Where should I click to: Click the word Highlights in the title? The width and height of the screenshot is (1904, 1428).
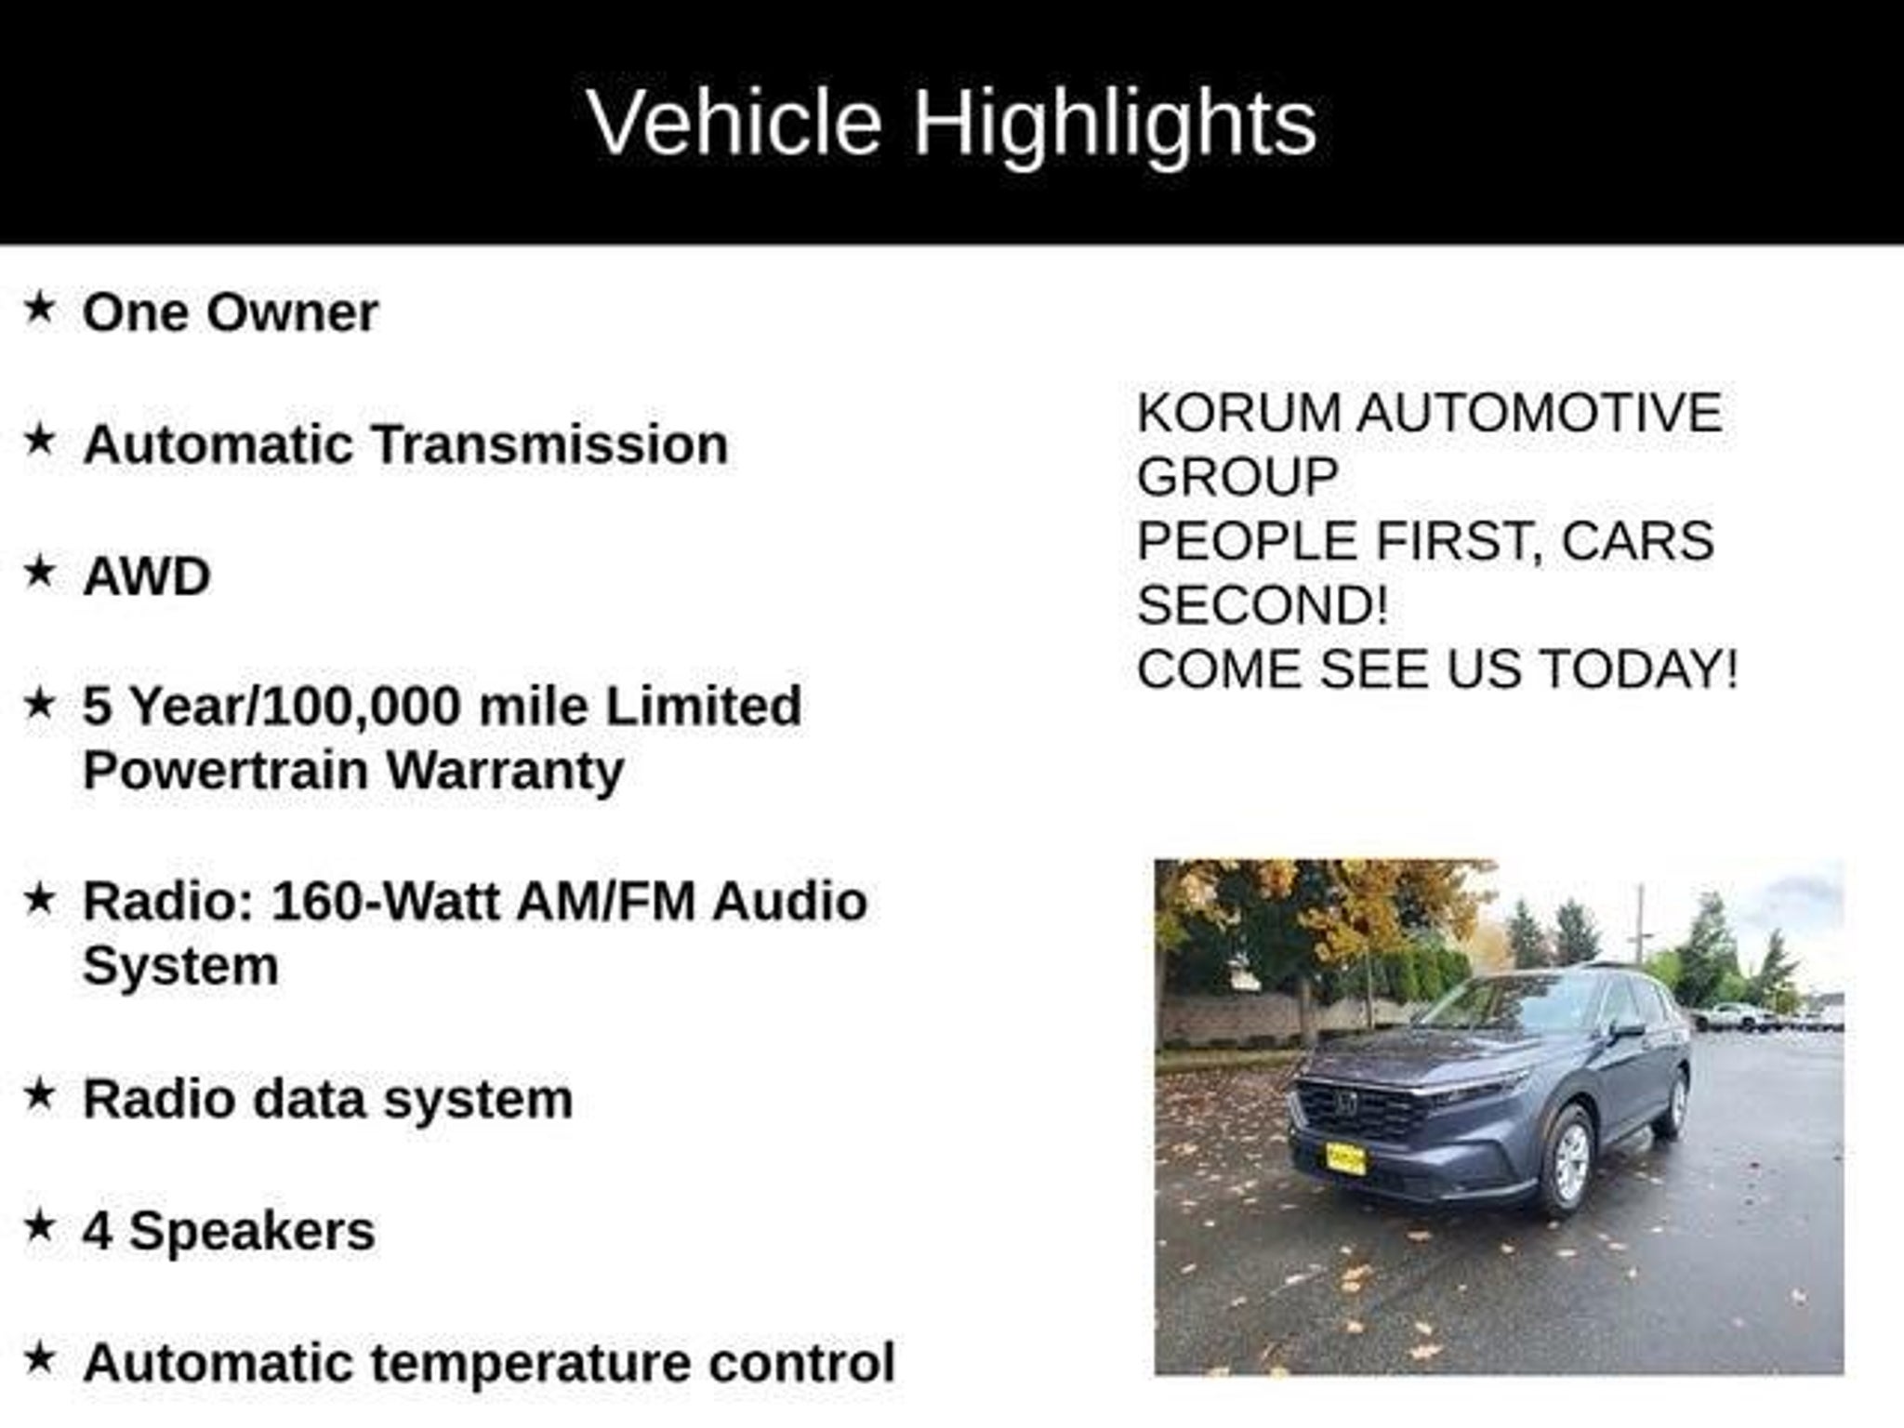(x=1114, y=124)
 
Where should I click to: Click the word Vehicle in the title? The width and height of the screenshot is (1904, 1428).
(x=734, y=122)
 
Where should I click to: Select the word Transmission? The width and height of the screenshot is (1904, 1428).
(x=550, y=443)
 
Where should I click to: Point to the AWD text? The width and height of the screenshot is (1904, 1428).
(x=147, y=576)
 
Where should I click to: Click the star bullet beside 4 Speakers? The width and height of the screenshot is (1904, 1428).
(x=40, y=1227)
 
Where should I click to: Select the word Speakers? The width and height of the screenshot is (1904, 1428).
(x=252, y=1232)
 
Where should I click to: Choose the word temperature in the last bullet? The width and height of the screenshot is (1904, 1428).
(x=531, y=1364)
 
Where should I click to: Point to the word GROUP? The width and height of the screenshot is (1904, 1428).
(x=1237, y=477)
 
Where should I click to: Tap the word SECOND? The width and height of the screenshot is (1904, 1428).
(x=1263, y=605)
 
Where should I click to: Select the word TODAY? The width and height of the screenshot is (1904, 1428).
(x=1638, y=669)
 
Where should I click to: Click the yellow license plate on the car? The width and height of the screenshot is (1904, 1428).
(x=1344, y=1158)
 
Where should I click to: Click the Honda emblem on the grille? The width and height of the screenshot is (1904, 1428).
(x=1344, y=1103)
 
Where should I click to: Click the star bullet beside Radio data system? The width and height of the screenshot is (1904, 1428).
(x=40, y=1094)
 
